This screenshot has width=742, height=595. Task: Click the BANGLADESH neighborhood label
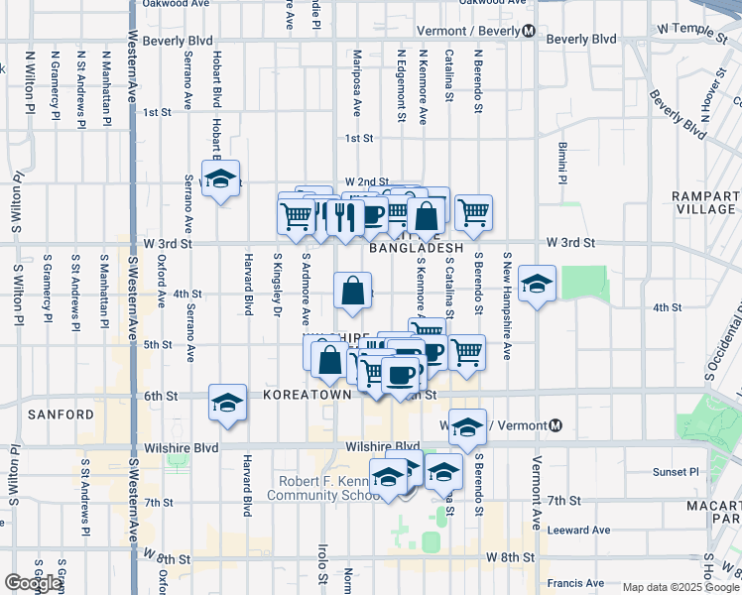pyautogui.click(x=417, y=248)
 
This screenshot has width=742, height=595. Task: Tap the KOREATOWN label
pyautogui.click(x=308, y=395)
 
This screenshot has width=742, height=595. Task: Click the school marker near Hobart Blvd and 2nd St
pyautogui.click(x=220, y=178)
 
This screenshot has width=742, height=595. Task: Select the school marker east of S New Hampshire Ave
pyautogui.click(x=537, y=284)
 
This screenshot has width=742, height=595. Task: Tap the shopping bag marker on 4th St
pyautogui.click(x=353, y=292)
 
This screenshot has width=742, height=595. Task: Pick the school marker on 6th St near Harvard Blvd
pyautogui.click(x=227, y=403)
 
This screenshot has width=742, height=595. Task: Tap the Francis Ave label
pyautogui.click(x=580, y=583)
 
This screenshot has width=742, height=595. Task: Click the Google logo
pyautogui.click(x=33, y=583)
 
